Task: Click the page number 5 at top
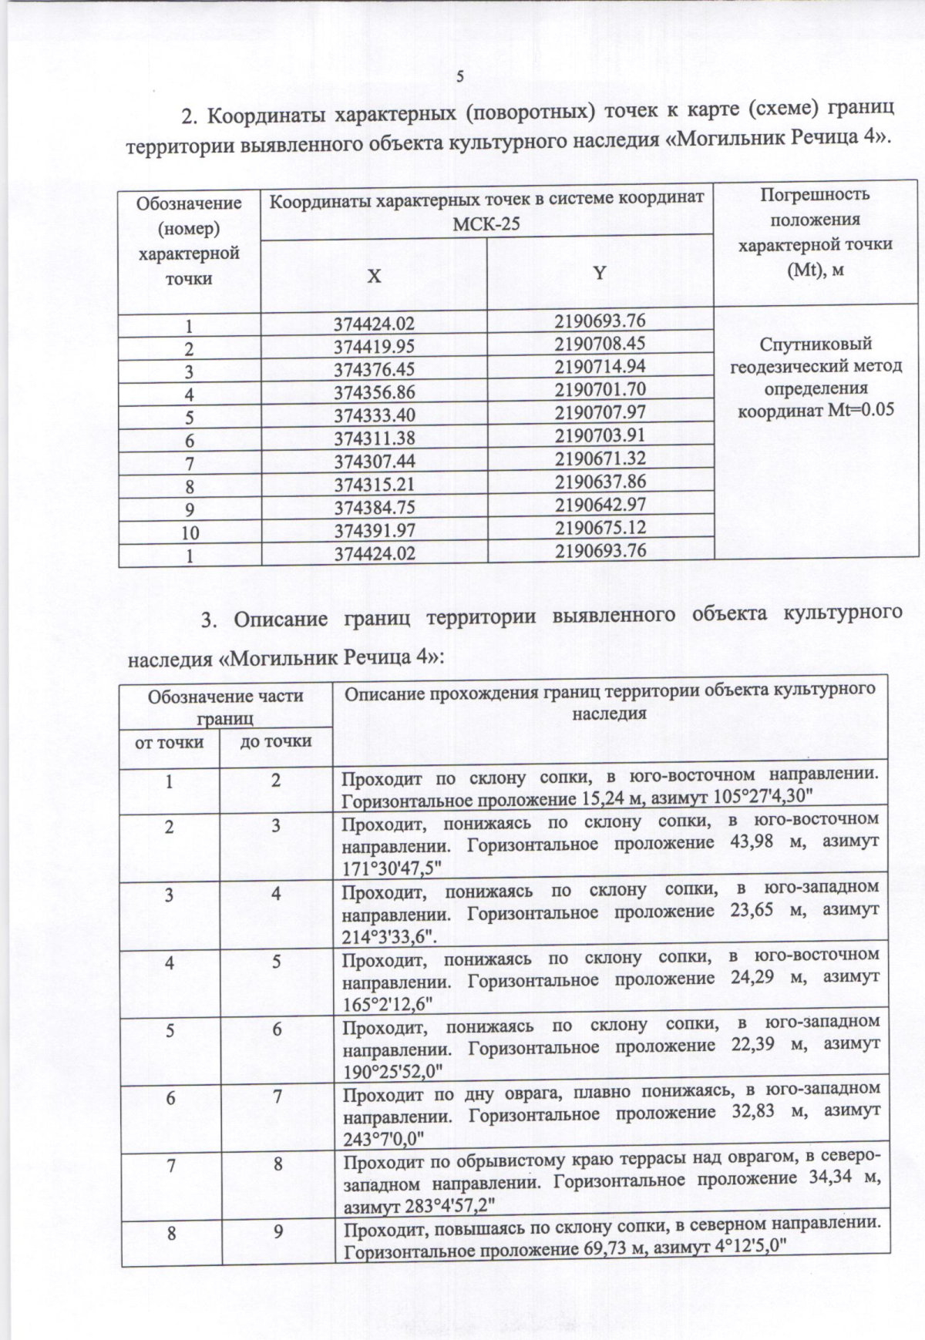tap(460, 76)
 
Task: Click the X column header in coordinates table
tap(374, 275)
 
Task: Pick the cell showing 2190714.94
tap(600, 366)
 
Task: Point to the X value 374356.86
tap(374, 393)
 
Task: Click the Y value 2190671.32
tap(600, 458)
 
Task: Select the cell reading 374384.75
tap(374, 509)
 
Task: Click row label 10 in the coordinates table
tap(190, 532)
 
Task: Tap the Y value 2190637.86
tap(600, 482)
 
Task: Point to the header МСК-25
tap(486, 223)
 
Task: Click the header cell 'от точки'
tap(170, 742)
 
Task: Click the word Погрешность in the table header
tap(815, 195)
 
